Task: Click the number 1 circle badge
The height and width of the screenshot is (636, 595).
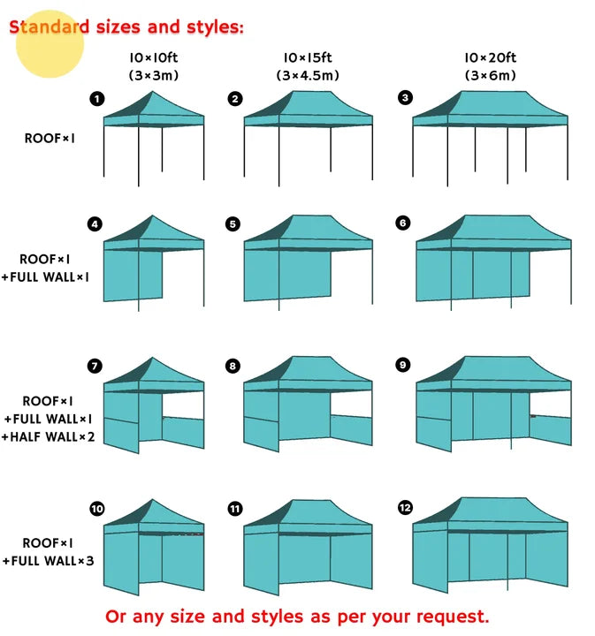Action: coord(97,98)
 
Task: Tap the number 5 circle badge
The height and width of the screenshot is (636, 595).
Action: coord(233,224)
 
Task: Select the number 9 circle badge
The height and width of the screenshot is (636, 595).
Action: coord(403,365)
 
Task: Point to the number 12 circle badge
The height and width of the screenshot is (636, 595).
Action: coord(405,508)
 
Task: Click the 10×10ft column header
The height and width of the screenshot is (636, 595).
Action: coord(153,58)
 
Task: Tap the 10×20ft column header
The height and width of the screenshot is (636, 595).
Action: coord(490,58)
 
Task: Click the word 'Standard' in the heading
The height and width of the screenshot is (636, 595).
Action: coord(50,26)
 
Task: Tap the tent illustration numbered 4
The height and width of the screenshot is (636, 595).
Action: coord(154,261)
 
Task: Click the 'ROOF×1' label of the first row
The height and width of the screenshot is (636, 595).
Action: coord(50,138)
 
